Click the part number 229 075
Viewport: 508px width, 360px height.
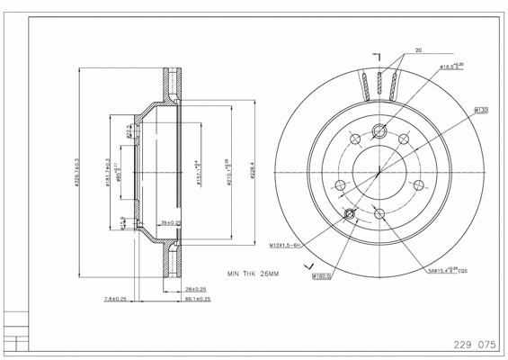click(x=473, y=344)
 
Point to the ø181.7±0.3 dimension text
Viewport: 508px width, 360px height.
click(x=108, y=172)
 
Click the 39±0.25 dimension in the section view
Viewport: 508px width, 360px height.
click(x=170, y=222)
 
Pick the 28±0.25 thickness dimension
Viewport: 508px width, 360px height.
click(x=195, y=289)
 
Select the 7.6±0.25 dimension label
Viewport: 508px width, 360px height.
click(x=114, y=298)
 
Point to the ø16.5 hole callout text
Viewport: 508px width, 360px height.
click(x=450, y=67)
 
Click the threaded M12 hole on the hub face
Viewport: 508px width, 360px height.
click(x=351, y=214)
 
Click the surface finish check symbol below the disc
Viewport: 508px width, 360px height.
click(x=311, y=266)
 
